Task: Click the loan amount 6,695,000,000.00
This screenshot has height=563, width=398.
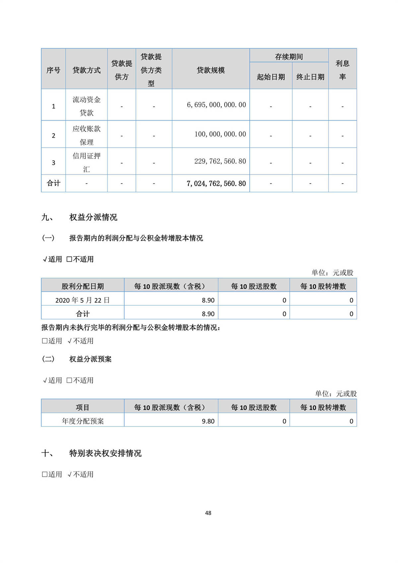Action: click(216, 105)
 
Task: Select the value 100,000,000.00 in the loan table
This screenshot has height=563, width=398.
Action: click(220, 134)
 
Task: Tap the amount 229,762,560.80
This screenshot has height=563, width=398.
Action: click(220, 161)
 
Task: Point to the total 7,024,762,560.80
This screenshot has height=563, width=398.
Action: click(216, 183)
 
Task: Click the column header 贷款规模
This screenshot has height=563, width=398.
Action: click(211, 70)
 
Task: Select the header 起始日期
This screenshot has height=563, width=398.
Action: click(271, 77)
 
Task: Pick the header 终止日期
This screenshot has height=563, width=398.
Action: click(310, 77)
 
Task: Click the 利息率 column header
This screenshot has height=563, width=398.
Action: click(342, 70)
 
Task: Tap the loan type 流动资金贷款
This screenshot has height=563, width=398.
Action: click(87, 106)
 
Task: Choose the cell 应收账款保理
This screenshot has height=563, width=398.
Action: click(87, 135)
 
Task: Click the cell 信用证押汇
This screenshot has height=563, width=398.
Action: click(87, 163)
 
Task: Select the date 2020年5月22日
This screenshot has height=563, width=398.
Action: click(83, 300)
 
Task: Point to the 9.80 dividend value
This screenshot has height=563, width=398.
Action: click(208, 421)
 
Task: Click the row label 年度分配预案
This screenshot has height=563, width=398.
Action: click(83, 421)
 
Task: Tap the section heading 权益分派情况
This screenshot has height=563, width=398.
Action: click(93, 217)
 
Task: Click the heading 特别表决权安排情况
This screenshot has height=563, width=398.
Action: click(105, 453)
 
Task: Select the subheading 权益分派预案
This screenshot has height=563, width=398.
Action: click(90, 359)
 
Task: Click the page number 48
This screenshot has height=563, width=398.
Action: click(208, 513)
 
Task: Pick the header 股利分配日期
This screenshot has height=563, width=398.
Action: click(83, 286)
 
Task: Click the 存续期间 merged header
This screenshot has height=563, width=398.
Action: click(289, 57)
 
